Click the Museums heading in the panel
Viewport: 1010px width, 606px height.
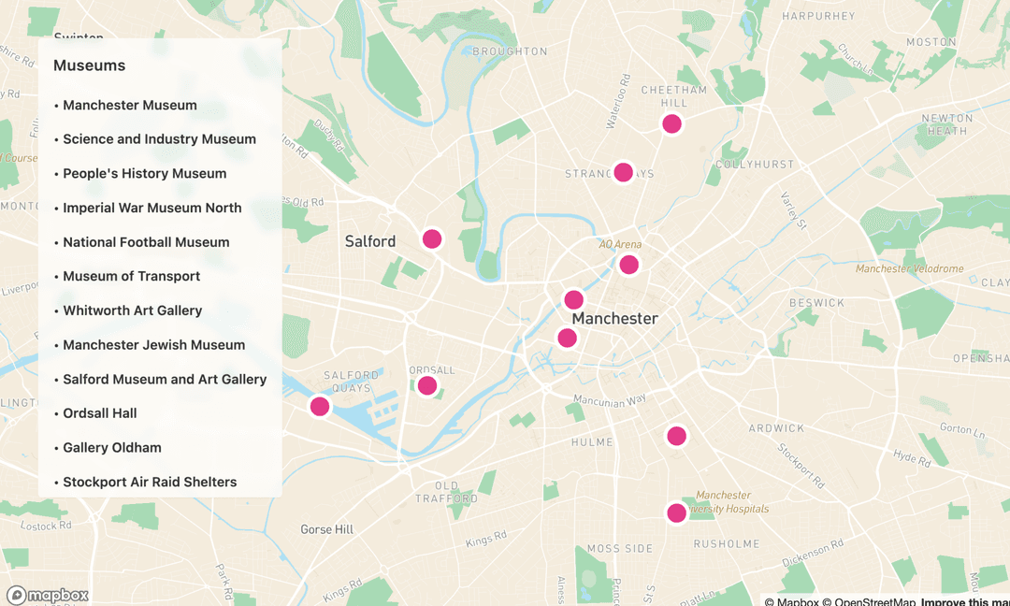(x=89, y=65)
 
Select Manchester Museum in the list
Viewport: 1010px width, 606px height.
(x=129, y=105)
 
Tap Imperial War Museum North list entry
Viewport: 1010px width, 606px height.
(x=151, y=208)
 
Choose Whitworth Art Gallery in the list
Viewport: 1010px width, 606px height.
(x=132, y=310)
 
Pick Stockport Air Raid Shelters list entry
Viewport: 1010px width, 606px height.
(x=149, y=482)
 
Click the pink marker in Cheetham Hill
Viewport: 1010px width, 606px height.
(x=671, y=123)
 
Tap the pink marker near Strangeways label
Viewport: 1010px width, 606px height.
(x=624, y=172)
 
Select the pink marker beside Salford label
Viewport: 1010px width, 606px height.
(x=432, y=238)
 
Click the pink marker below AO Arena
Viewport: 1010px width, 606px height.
(x=629, y=265)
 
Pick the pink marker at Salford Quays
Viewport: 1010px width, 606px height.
(x=320, y=406)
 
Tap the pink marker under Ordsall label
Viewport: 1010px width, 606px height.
(x=427, y=385)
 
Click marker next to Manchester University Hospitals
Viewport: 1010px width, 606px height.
(x=676, y=512)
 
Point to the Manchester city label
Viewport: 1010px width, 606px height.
(x=614, y=319)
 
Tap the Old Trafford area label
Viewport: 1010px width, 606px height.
(x=446, y=492)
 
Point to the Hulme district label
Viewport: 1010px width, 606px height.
(x=592, y=442)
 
